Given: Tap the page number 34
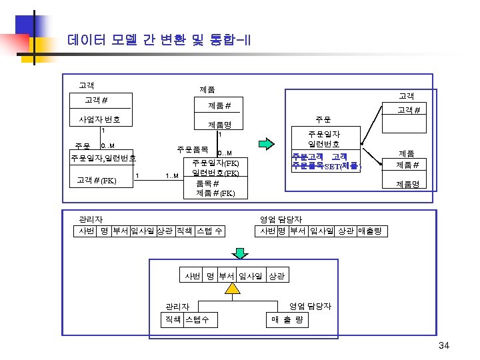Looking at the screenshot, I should coord(445,345).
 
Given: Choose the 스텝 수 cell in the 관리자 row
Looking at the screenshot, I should coord(210,231).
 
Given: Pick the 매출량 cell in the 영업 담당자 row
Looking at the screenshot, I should coord(369,231).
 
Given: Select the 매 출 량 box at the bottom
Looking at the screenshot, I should coord(287,320).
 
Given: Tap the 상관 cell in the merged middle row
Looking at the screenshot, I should coord(276,275).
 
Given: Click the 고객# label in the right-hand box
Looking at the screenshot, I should coord(408,110).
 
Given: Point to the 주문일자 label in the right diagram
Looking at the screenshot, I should coord(324,134).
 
